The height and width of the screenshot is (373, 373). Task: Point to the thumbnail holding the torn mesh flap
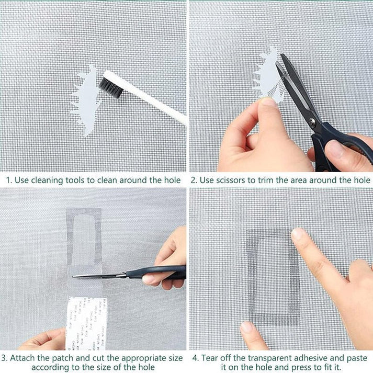pyautogui.click(x=270, y=102)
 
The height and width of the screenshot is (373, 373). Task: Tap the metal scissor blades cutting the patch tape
pyautogui.click(x=99, y=275)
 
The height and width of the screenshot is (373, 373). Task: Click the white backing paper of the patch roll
pyautogui.click(x=86, y=322)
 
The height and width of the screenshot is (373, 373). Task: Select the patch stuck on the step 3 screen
pyautogui.click(x=84, y=235)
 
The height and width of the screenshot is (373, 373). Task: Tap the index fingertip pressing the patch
pyautogui.click(x=298, y=235)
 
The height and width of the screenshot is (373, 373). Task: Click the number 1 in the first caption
pyautogui.click(x=8, y=180)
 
